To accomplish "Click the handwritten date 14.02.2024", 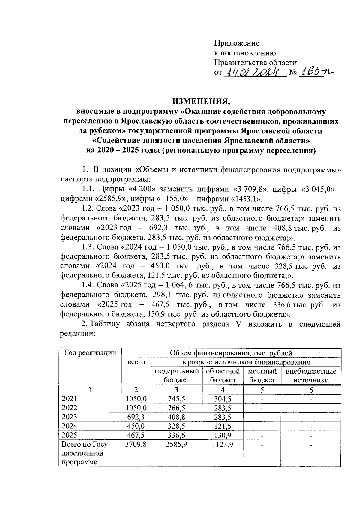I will click(254, 72).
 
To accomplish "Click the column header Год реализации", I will click(90, 353).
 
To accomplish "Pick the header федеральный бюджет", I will click(177, 376).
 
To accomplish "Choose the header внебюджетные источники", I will click(311, 376).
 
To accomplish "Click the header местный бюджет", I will click(262, 376).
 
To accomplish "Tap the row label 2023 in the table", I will click(69, 417).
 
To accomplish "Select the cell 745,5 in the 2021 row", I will click(176, 399).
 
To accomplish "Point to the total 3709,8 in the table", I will click(136, 445).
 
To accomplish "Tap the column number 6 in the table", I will click(311, 390).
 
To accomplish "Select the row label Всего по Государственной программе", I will click(85, 453).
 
